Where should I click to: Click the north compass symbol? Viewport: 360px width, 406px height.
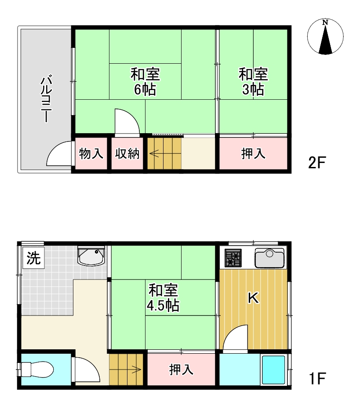click(x=325, y=36)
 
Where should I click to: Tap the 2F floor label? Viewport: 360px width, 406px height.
click(x=317, y=163)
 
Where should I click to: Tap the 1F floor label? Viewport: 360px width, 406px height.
click(x=317, y=379)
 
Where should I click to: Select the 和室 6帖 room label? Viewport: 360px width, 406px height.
click(x=145, y=82)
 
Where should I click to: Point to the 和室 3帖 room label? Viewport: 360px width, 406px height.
click(x=253, y=82)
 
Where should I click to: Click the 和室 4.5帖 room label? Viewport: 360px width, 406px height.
click(x=163, y=297)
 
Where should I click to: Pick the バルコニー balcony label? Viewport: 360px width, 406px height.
click(x=47, y=98)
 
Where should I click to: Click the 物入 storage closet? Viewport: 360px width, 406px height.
click(x=91, y=153)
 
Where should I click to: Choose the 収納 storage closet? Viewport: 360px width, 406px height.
click(x=127, y=153)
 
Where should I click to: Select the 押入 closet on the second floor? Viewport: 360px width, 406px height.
click(x=253, y=153)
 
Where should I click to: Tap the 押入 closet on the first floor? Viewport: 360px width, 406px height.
click(x=181, y=370)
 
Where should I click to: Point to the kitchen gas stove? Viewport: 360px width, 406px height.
click(x=233, y=258)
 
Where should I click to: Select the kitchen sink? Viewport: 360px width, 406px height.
click(x=269, y=258)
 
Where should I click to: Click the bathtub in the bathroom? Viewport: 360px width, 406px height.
click(x=273, y=370)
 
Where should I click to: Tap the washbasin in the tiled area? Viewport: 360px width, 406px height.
click(x=91, y=256)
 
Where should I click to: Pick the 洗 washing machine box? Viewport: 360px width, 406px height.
click(x=33, y=258)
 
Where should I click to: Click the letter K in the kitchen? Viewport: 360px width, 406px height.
click(x=253, y=298)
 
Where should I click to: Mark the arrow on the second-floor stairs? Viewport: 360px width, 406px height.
click(x=154, y=154)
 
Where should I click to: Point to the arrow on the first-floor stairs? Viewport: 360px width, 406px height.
click(x=136, y=370)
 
